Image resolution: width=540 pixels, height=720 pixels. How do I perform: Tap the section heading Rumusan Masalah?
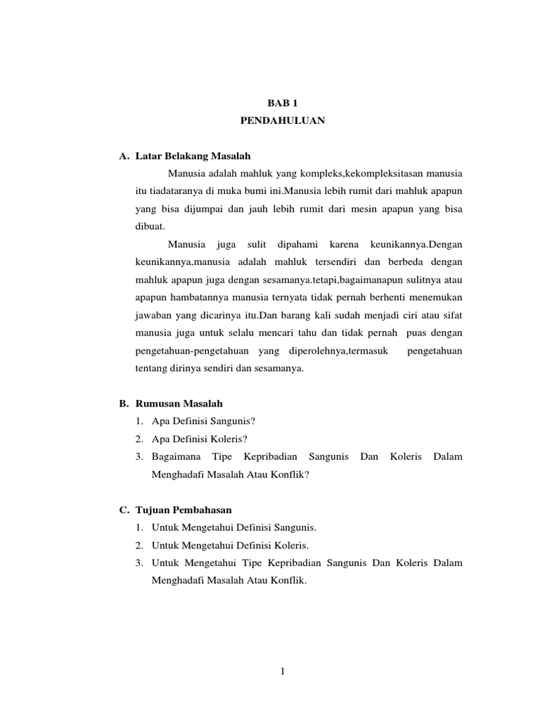(179, 404)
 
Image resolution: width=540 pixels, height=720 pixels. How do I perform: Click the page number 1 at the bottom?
(282, 671)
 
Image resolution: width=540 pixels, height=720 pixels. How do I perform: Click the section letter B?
(122, 404)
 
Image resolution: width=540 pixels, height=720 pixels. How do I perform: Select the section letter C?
(122, 510)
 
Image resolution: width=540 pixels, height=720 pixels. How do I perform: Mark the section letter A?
(122, 155)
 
